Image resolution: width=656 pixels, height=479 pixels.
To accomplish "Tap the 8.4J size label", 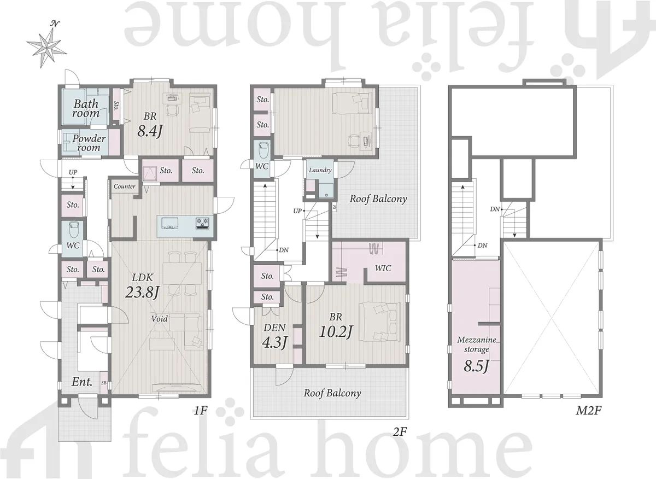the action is pos(150,132).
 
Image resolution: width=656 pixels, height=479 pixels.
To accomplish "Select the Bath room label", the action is pos(86,108).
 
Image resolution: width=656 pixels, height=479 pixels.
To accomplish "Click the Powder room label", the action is pos(89,143).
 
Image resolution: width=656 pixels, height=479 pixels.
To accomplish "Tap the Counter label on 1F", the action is pos(125,186).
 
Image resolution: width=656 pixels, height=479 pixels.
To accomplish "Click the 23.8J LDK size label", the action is pos(142,291).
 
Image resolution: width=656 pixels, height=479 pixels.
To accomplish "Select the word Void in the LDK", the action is pos(160,318).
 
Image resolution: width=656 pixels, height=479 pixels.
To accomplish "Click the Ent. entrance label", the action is pos(82,382).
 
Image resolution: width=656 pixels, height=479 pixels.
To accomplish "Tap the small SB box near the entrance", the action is pos(104,383).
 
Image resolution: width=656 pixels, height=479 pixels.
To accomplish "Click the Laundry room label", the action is pos(320,170).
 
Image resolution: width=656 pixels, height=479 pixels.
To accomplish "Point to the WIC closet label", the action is pos(383,268).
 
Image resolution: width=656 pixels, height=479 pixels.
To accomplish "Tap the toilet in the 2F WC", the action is pos(263,149).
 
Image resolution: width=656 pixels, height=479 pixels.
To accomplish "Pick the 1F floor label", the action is pos(201,411).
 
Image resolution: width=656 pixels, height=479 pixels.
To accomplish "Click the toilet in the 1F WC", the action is pos(73,230).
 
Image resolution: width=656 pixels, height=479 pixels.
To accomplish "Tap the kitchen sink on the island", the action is pos(169,223).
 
